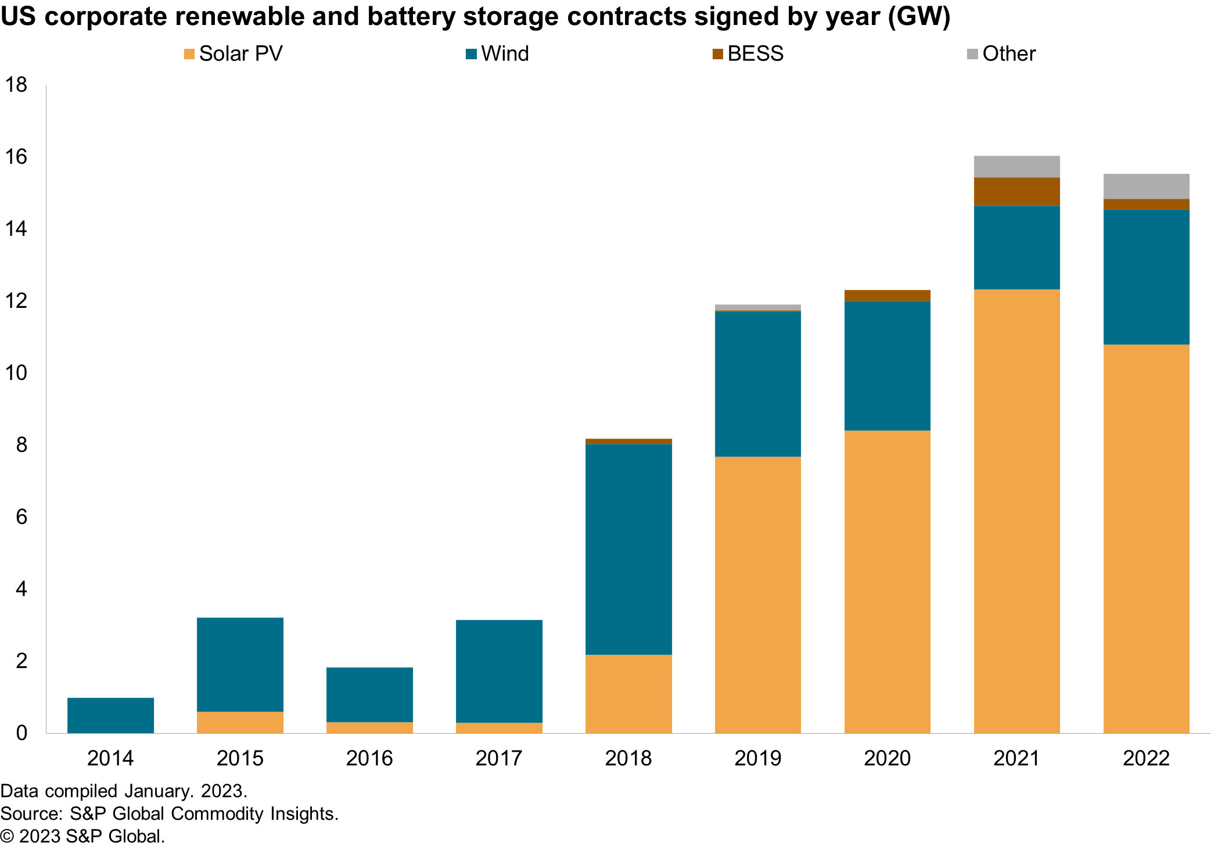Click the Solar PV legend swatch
tap(189, 54)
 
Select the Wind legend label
tap(505, 54)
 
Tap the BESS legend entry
tap(755, 54)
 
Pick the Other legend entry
tap(1008, 54)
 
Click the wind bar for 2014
tap(110, 715)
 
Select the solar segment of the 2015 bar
tap(240, 722)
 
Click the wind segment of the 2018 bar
tap(628, 549)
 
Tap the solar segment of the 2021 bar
tap(1016, 511)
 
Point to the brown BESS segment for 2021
tap(1016, 192)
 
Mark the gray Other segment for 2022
tap(1146, 186)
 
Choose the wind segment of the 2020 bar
tap(887, 366)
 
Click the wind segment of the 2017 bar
tap(499, 671)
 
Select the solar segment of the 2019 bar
tap(757, 594)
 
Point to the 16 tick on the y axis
tap(16, 157)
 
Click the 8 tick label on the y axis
tap(21, 445)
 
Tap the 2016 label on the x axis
tap(369, 758)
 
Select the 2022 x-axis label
tap(1146, 758)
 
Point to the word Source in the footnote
tap(30, 813)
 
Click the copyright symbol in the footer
tap(7, 837)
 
